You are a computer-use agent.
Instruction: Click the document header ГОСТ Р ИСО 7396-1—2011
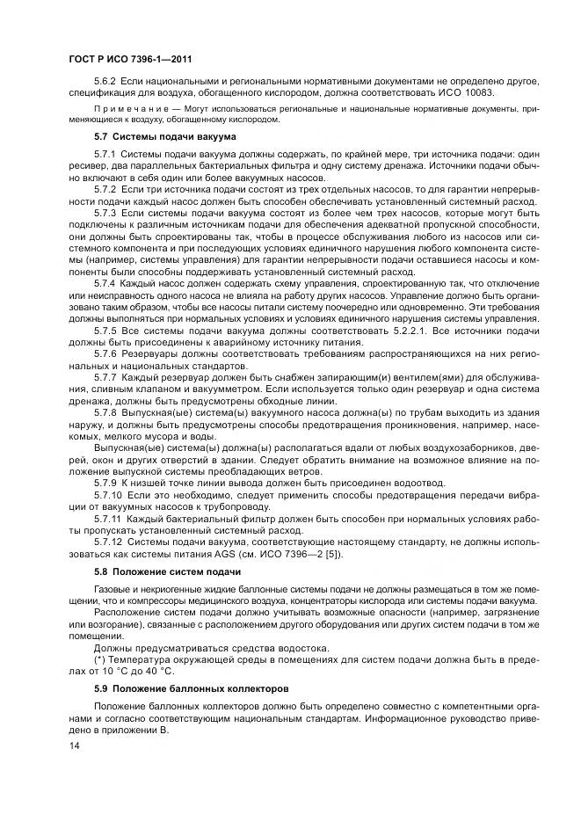pos(130,58)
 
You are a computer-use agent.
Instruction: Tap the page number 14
pos(74,746)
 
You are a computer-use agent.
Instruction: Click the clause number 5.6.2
pos(105,81)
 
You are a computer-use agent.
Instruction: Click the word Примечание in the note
pos(126,108)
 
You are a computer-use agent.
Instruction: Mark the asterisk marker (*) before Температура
pos(98,658)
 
